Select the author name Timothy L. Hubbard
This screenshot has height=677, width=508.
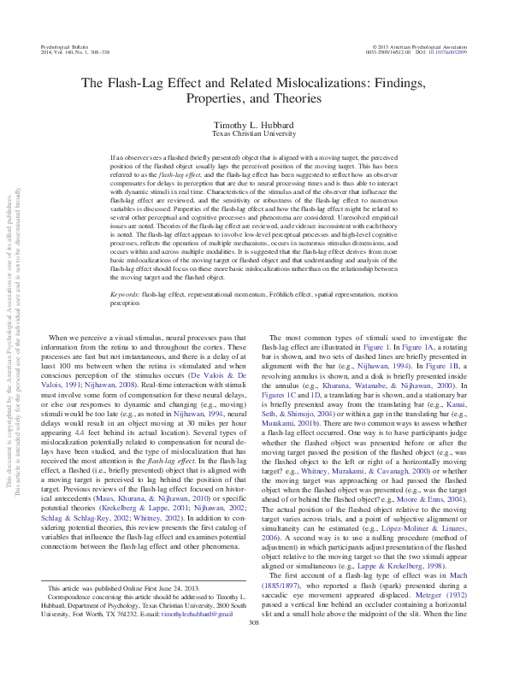point(253,125)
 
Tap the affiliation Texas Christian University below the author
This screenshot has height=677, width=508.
point(253,134)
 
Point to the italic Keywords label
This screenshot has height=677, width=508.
point(127,294)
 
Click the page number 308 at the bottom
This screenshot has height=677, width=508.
point(253,647)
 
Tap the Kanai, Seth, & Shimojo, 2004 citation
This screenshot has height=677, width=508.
point(446,403)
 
